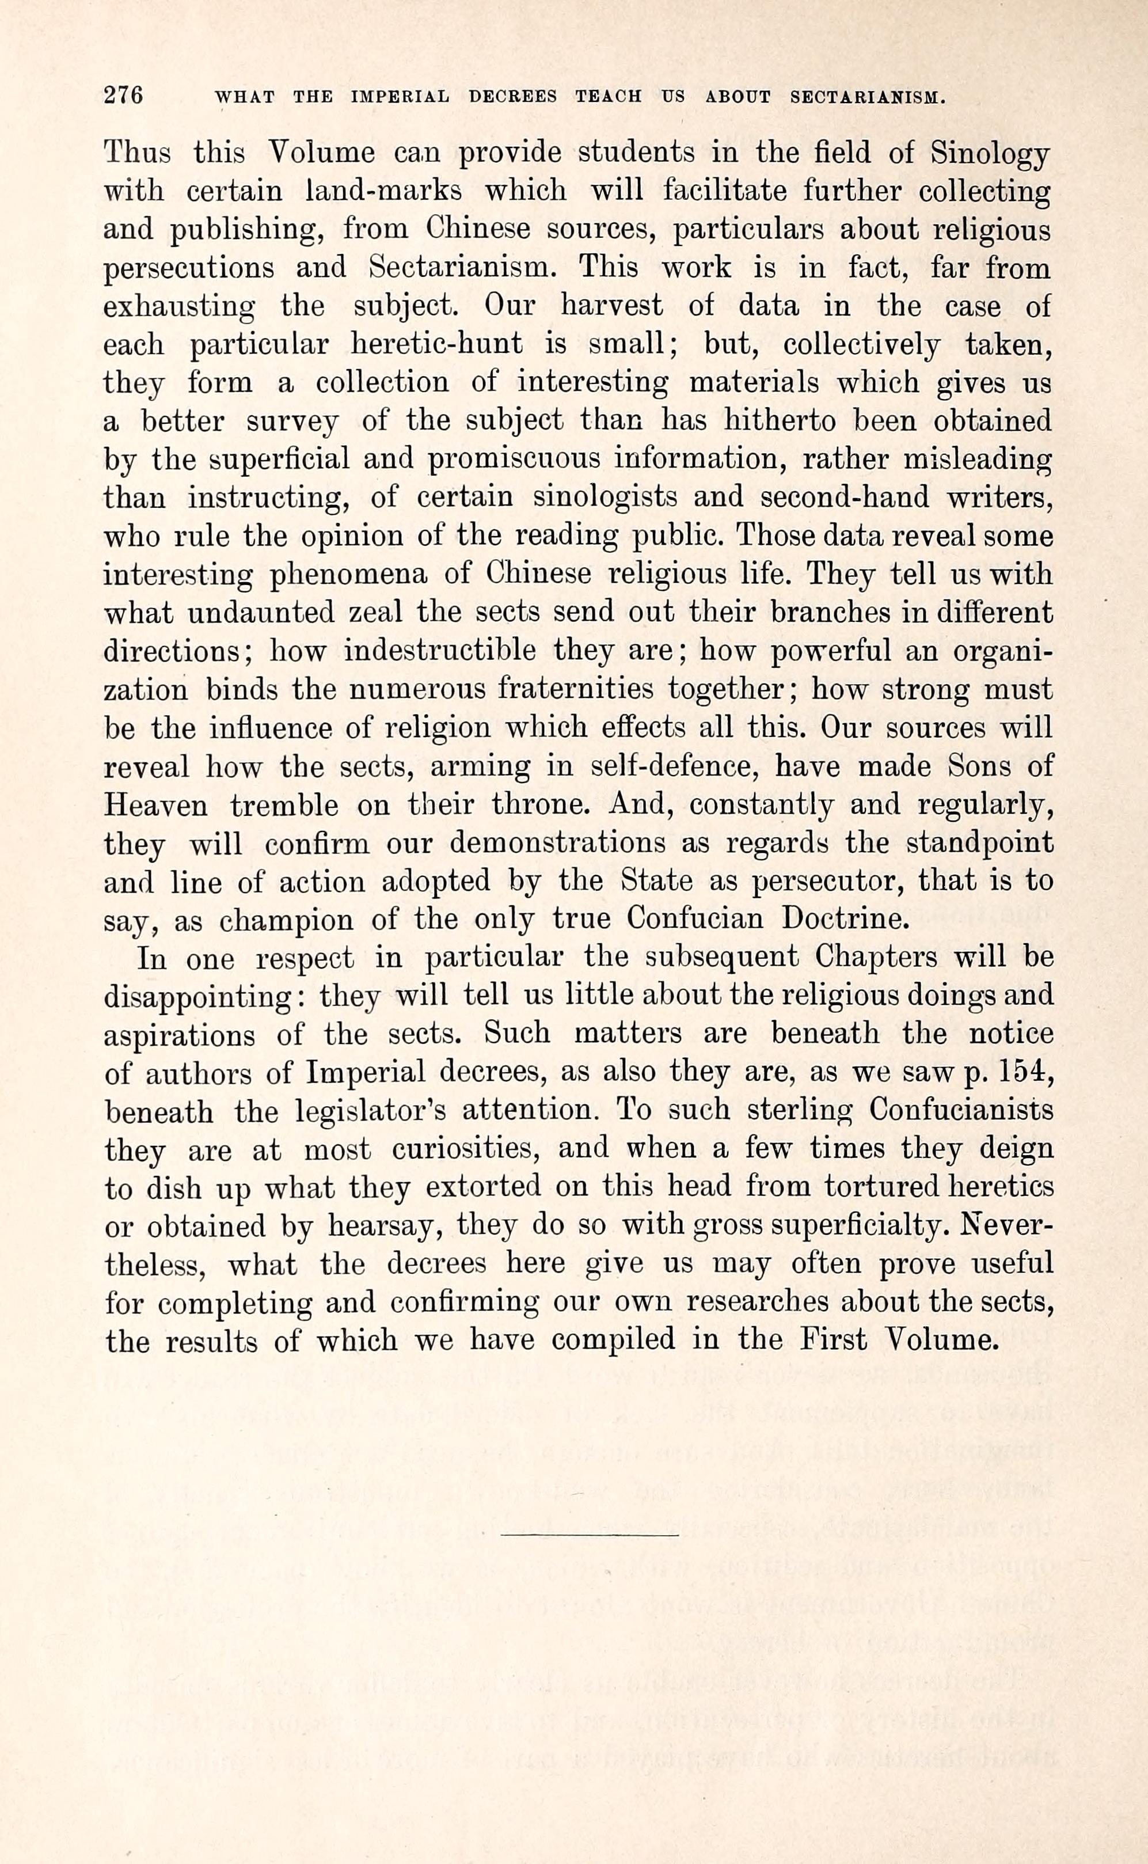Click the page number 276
[123, 96]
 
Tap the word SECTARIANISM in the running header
[867, 97]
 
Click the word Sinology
[991, 154]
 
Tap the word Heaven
[155, 805]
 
